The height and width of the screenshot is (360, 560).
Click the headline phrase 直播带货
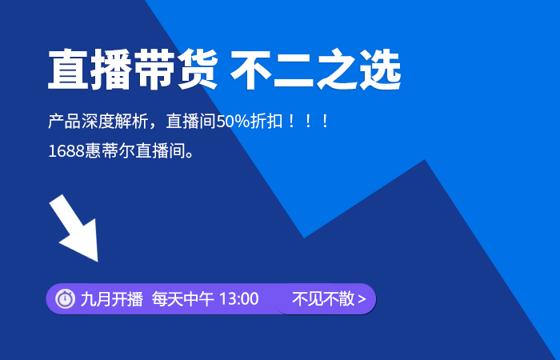[x=133, y=70]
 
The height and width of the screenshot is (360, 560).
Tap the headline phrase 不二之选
[x=316, y=70]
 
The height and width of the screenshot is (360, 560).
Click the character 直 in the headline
[x=68, y=70]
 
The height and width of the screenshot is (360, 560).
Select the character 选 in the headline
[x=381, y=70]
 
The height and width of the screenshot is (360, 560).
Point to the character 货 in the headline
[x=198, y=70]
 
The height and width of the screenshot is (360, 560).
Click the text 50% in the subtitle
[x=233, y=121]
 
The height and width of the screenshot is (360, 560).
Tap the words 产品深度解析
[x=98, y=121]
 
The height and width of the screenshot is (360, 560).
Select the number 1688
[x=66, y=151]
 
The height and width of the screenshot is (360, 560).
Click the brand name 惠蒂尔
[x=110, y=151]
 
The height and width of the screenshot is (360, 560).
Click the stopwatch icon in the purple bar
[x=66, y=298]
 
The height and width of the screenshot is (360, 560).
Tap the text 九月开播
[x=112, y=299]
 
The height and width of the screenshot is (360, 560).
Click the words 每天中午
[x=183, y=299]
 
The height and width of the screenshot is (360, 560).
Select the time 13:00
[x=239, y=299]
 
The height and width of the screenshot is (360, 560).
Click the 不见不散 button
[x=326, y=299]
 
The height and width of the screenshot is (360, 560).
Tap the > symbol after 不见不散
[x=362, y=299]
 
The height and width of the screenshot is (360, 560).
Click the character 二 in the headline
[x=294, y=70]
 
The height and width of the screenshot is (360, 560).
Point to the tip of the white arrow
[x=98, y=262]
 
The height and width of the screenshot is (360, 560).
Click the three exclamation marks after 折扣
[x=308, y=121]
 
